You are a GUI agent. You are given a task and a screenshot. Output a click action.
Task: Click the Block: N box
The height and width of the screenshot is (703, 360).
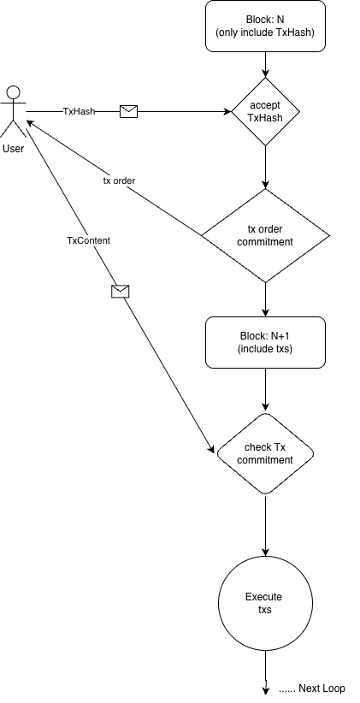(265, 26)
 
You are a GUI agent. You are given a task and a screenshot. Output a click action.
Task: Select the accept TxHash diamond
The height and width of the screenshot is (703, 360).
(265, 112)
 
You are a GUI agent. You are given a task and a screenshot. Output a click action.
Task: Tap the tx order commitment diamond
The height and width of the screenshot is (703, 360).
(265, 235)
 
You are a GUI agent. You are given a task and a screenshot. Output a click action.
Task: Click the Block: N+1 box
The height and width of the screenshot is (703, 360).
(265, 342)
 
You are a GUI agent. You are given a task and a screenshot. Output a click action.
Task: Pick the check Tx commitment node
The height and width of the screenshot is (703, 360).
(265, 453)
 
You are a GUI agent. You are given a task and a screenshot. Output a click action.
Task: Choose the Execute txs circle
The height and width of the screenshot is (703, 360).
(265, 603)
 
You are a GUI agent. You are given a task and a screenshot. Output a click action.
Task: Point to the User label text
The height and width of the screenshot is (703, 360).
(13, 149)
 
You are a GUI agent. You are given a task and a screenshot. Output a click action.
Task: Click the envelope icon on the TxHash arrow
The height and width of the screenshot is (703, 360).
(128, 112)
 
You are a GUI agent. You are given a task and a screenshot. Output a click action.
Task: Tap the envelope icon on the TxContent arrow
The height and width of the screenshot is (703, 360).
(120, 292)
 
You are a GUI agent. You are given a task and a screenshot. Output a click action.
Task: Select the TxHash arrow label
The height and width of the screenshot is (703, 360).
(79, 112)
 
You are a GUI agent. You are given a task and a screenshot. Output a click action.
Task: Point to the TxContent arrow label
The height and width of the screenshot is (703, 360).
(88, 240)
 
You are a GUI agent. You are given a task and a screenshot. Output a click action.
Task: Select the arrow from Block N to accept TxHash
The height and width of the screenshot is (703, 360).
(265, 64)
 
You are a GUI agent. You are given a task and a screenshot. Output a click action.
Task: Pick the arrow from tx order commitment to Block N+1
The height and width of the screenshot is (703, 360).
(265, 299)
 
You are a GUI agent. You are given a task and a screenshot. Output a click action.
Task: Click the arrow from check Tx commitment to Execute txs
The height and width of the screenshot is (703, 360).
(265, 526)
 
